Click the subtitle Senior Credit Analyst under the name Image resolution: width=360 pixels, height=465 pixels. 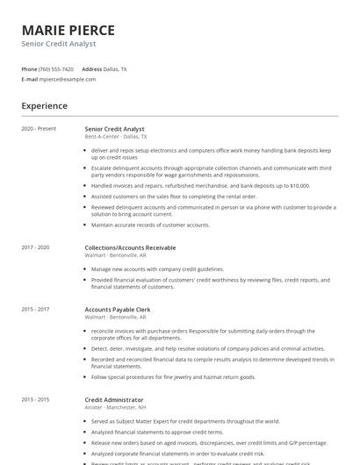pyautogui.click(x=59, y=43)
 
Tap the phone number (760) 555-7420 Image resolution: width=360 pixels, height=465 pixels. pyautogui.click(x=56, y=68)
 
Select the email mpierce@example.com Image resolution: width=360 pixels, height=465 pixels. pyautogui.click(x=67, y=79)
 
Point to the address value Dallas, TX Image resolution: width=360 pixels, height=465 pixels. pyautogui.click(x=116, y=68)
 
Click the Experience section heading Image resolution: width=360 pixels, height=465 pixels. pyautogui.click(x=45, y=106)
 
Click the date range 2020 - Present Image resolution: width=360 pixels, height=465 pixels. pyautogui.click(x=39, y=129)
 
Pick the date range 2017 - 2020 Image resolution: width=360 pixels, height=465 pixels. pyautogui.click(x=35, y=248)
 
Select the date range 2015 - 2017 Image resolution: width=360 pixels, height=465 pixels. pyautogui.click(x=35, y=310)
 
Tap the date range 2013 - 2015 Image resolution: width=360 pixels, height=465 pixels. pyautogui.click(x=35, y=400)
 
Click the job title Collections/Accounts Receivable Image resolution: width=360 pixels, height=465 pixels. pyautogui.click(x=130, y=248)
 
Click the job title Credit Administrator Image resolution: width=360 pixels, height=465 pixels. pyautogui.click(x=115, y=400)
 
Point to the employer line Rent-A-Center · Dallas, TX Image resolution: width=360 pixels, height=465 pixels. pyautogui.click(x=116, y=137)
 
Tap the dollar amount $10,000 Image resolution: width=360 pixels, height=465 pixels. pyautogui.click(x=299, y=186)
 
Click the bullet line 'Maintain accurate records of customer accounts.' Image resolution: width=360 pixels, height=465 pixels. pyautogui.click(x=150, y=225)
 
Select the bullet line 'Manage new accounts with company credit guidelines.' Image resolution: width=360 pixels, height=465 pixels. pyautogui.click(x=157, y=269)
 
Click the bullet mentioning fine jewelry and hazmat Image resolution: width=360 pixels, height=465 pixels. pyautogui.click(x=173, y=376)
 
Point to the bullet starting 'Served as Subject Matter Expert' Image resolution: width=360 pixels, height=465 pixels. pyautogui.click(x=185, y=421)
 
